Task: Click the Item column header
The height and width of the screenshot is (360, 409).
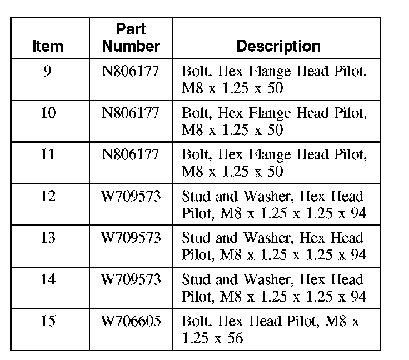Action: point(48,46)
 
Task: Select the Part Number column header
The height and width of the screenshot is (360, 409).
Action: point(131,37)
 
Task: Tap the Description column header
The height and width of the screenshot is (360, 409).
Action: point(278,46)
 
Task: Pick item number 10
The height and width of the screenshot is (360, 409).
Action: point(48,113)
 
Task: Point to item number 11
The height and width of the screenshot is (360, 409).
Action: point(48,154)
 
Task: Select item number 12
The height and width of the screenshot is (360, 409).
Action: point(48,196)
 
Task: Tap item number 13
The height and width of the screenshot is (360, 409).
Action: point(48,238)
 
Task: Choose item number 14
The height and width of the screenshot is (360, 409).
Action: point(48,279)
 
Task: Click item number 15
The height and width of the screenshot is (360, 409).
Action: point(48,321)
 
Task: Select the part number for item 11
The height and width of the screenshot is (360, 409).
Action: point(131,154)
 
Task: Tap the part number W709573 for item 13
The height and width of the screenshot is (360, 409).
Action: point(131,238)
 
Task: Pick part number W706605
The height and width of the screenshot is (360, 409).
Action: point(131,321)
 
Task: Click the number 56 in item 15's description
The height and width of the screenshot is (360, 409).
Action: point(235,338)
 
